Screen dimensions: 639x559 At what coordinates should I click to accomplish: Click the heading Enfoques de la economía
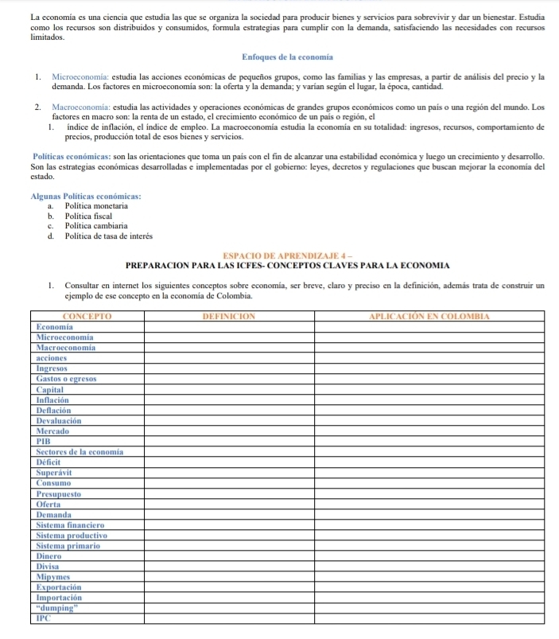click(x=279, y=57)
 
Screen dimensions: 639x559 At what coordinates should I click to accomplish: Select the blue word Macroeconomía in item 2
click(x=79, y=106)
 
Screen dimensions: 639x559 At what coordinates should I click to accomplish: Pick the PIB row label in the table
click(x=45, y=441)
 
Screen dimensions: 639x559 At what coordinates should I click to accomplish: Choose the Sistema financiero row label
click(x=72, y=524)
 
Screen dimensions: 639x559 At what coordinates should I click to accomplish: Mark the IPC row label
click(x=45, y=617)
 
